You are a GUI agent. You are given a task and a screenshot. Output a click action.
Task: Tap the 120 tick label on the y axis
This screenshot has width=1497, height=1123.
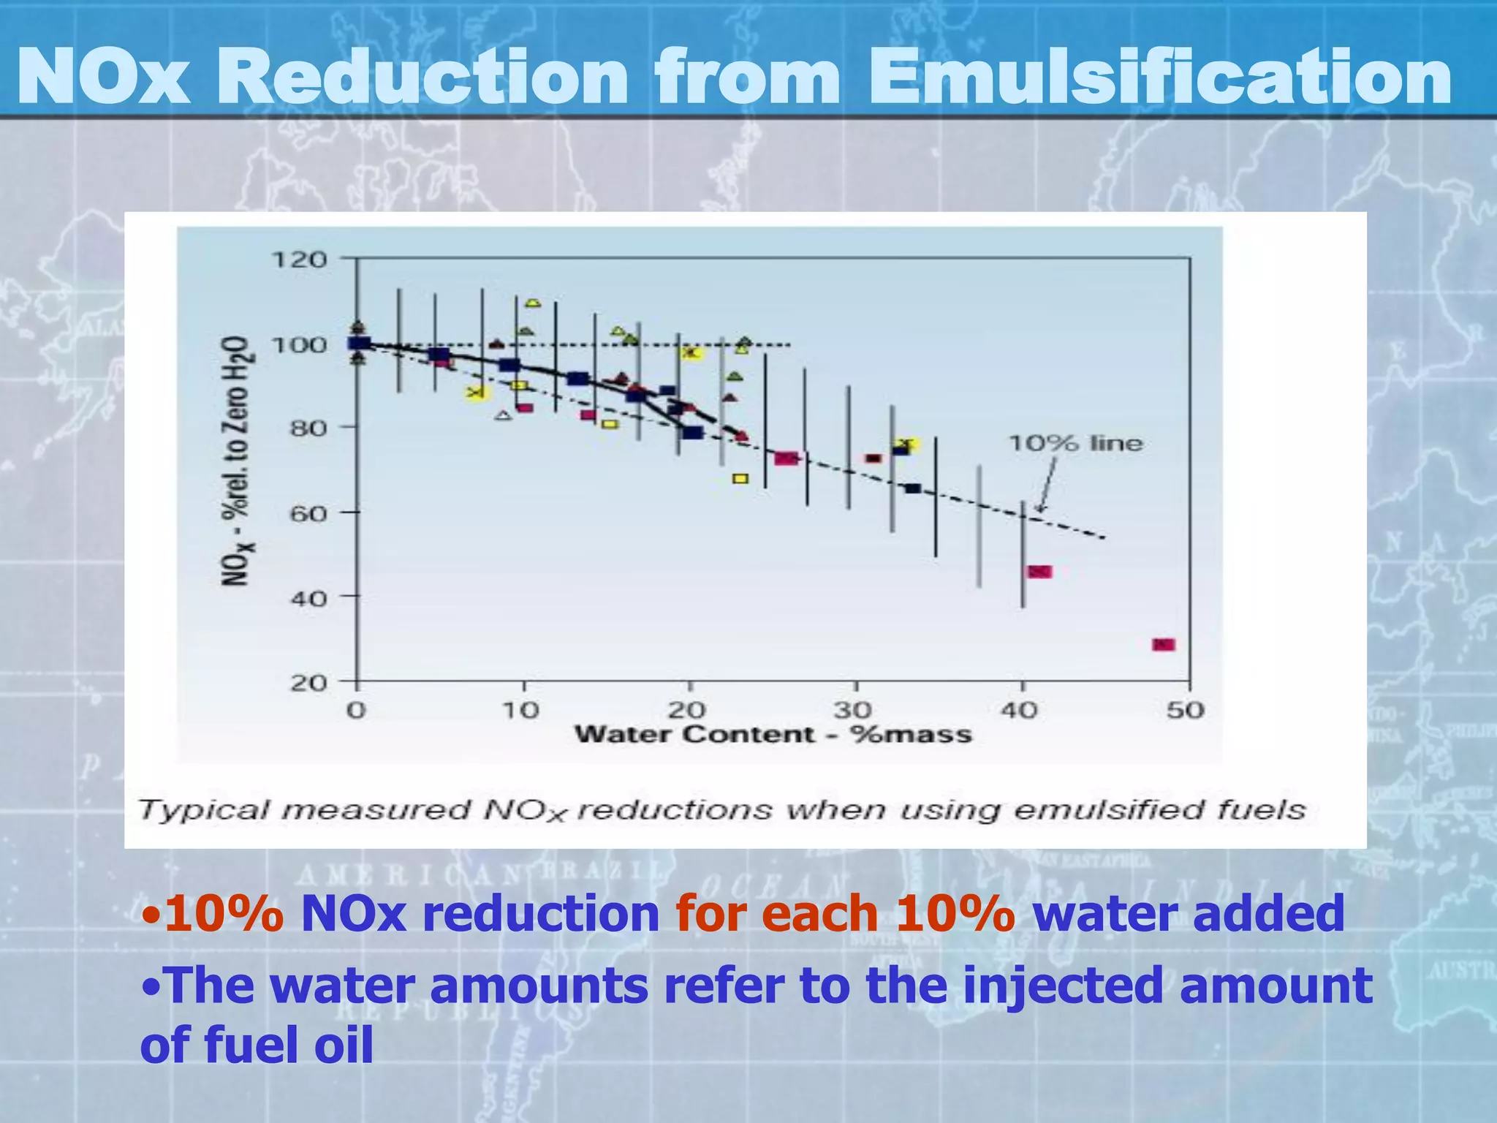[x=299, y=260]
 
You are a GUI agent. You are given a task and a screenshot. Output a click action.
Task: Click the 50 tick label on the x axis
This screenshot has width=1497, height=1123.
[x=1185, y=711]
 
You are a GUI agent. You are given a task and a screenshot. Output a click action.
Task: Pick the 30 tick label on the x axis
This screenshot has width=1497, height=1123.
[x=853, y=711]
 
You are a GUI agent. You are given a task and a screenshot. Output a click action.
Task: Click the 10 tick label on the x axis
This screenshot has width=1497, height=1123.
[x=521, y=711]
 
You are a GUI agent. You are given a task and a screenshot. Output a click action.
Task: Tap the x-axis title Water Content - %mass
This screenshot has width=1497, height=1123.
[x=773, y=735]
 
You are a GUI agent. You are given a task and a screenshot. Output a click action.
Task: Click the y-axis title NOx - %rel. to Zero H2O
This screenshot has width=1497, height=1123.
[x=236, y=461]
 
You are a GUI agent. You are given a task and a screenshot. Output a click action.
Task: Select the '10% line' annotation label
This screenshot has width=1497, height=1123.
[x=1075, y=444]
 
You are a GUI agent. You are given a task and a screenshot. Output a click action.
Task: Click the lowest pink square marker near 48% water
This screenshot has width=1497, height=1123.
[x=1163, y=645]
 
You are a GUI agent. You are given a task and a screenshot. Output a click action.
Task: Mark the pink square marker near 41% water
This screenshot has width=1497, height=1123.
[x=1039, y=572]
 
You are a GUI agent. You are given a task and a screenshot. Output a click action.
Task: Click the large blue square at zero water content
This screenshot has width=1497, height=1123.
[x=360, y=343]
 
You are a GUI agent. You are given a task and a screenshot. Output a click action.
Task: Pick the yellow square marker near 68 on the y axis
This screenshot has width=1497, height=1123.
[x=740, y=479]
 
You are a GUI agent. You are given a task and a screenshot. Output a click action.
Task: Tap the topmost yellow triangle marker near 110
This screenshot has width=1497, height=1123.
[x=533, y=303]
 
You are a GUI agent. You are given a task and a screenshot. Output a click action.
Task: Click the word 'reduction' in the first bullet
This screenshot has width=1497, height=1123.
[x=541, y=914]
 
